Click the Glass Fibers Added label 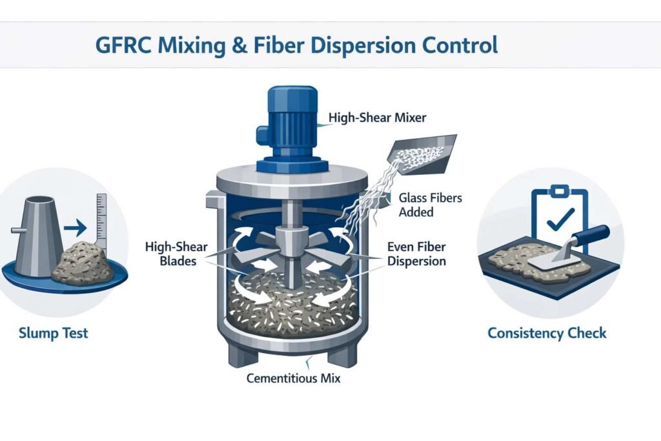click(430, 205)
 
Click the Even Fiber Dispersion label click(416, 254)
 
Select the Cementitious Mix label click(293, 378)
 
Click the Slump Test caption click(53, 333)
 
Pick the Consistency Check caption click(547, 333)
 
